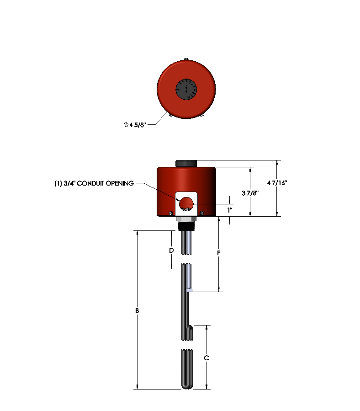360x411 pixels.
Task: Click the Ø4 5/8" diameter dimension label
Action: (134, 125)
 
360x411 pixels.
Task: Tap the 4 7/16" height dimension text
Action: (277, 182)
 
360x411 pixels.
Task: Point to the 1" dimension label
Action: (230, 210)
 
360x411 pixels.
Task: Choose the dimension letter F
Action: (219, 253)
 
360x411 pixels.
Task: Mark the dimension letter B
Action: (137, 311)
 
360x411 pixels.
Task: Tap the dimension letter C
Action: (206, 358)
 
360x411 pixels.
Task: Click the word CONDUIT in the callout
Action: (90, 183)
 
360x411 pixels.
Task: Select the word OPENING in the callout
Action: (119, 183)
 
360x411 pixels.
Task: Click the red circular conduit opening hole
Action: (186, 203)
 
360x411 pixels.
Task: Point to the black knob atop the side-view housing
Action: (186, 163)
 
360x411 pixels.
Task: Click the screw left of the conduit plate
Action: (170, 213)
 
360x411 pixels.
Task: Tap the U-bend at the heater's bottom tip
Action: (186, 386)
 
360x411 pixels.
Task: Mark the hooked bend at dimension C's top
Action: (190, 328)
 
